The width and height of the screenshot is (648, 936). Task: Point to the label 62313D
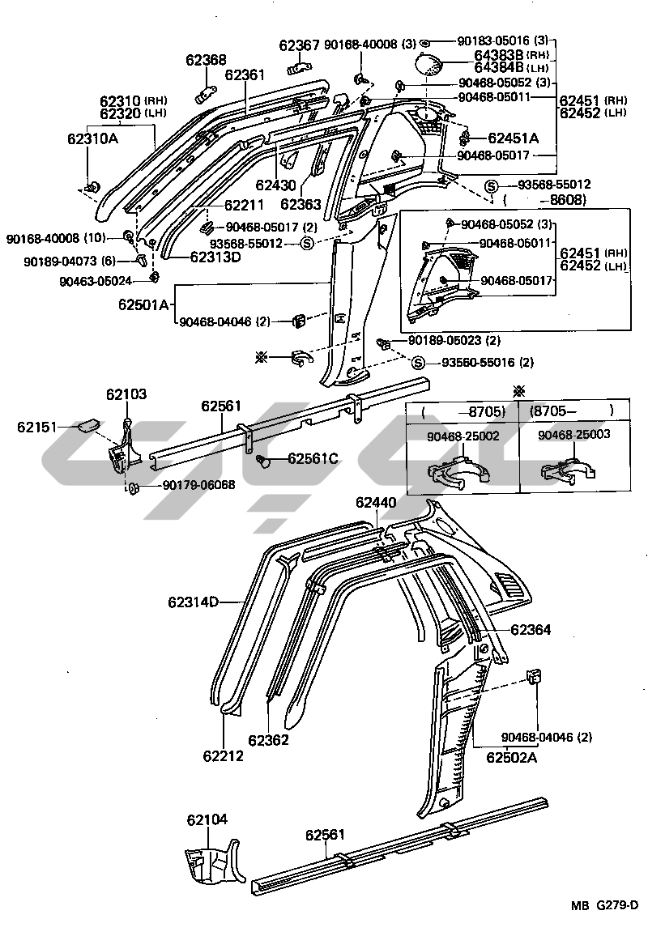[215, 257]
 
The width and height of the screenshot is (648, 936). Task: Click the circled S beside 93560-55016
[419, 363]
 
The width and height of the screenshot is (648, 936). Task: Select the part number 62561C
[313, 459]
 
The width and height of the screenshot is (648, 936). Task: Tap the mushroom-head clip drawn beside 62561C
[263, 461]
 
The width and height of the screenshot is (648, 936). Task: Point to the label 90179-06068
[198, 485]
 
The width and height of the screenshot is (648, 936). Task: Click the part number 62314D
[194, 602]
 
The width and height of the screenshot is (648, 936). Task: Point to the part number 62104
[207, 820]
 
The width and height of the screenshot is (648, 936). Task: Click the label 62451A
[514, 138]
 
